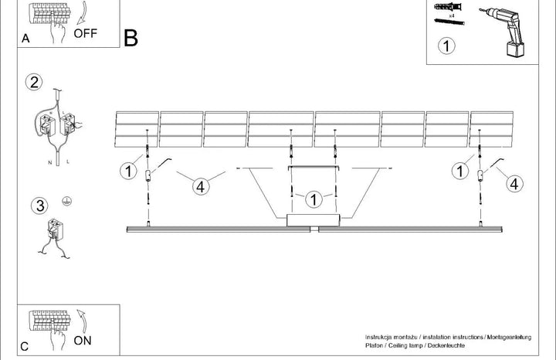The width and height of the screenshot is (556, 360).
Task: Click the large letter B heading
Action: (x=131, y=38)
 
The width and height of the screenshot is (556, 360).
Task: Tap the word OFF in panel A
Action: (x=85, y=33)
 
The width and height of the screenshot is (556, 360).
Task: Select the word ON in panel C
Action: (x=83, y=341)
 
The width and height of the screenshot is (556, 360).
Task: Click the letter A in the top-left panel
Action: (x=25, y=39)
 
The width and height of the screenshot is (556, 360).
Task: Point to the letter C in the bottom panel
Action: (x=25, y=347)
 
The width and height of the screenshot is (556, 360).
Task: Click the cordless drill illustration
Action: (x=503, y=32)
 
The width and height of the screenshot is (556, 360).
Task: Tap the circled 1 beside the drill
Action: (x=446, y=46)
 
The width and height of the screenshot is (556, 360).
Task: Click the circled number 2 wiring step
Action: (x=34, y=83)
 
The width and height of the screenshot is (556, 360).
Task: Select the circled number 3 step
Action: (x=39, y=205)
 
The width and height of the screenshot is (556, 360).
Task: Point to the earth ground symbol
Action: (x=66, y=201)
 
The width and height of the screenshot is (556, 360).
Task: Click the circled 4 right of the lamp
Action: (x=514, y=184)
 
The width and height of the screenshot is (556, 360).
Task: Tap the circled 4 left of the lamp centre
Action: (x=201, y=186)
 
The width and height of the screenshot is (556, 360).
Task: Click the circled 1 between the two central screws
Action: (x=314, y=199)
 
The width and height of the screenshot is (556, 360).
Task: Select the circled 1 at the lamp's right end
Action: (x=460, y=171)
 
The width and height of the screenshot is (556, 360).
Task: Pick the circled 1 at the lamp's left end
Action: (x=128, y=171)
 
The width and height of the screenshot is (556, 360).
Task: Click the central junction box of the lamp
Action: (x=314, y=220)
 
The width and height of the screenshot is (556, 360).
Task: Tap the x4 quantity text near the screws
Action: (x=452, y=16)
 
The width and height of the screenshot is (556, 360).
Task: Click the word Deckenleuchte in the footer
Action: (x=446, y=345)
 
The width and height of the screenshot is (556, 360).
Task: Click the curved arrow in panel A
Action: (x=83, y=13)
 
